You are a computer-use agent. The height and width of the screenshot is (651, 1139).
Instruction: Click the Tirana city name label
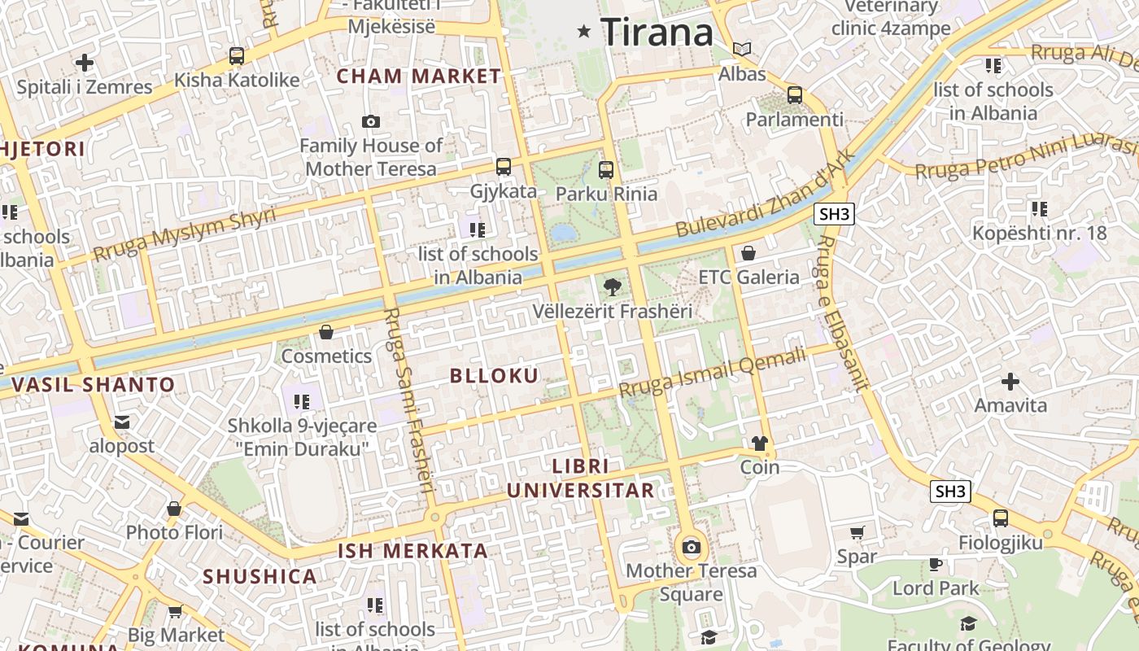[657, 33]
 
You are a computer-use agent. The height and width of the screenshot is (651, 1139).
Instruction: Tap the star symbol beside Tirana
[583, 32]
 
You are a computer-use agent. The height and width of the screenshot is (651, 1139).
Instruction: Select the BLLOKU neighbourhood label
[495, 375]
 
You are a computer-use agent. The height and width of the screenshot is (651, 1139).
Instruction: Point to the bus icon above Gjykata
[504, 167]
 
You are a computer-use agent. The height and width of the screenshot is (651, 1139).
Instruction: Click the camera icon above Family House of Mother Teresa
[371, 122]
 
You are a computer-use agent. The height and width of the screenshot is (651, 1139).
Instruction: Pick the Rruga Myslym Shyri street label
[184, 234]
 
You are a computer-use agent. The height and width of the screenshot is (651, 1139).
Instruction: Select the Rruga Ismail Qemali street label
[713, 372]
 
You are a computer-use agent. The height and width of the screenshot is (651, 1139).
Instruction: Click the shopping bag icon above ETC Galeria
[748, 253]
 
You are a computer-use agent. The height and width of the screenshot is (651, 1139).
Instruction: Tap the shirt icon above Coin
[759, 443]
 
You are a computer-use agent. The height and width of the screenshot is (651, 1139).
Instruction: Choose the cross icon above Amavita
[1010, 381]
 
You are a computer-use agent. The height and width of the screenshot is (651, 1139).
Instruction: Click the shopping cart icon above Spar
[857, 533]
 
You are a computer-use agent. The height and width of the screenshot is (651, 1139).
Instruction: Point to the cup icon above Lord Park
[936, 564]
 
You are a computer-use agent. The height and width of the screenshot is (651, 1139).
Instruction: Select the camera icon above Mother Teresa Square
[692, 547]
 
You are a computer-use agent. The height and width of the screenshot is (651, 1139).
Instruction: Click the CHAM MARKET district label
[419, 76]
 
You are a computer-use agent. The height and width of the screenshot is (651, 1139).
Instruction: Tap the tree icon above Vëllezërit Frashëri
[612, 286]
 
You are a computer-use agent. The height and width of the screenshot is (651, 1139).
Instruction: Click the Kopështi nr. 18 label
[1039, 234]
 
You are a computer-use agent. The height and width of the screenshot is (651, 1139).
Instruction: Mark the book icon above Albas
[741, 49]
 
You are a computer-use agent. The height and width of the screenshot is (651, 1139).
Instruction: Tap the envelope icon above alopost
[122, 422]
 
